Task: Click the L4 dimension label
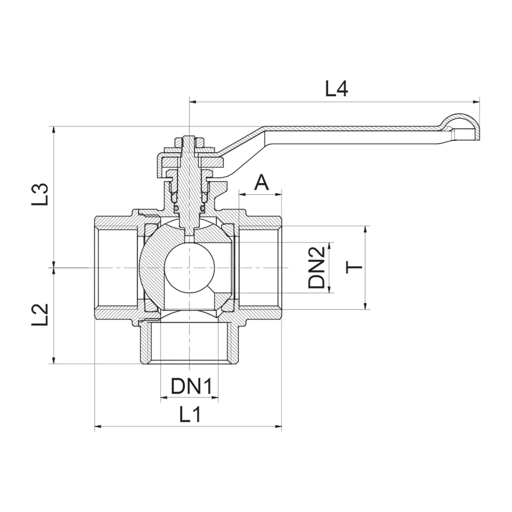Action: coord(336,88)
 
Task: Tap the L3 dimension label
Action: coord(40,194)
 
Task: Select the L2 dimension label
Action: coord(40,315)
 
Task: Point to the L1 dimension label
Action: coord(190,414)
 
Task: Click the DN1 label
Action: coord(191,386)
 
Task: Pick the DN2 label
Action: coord(316,267)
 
